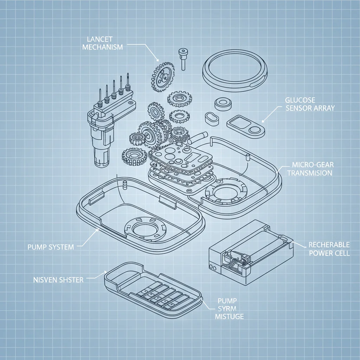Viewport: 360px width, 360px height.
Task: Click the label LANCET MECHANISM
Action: click(x=102, y=43)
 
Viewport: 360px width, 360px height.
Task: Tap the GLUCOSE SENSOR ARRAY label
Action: click(x=310, y=104)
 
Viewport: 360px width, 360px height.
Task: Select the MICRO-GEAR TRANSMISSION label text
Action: click(x=312, y=169)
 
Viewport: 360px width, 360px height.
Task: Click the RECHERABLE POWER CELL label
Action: click(x=329, y=249)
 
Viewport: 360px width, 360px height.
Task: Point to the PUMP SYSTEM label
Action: click(x=51, y=247)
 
